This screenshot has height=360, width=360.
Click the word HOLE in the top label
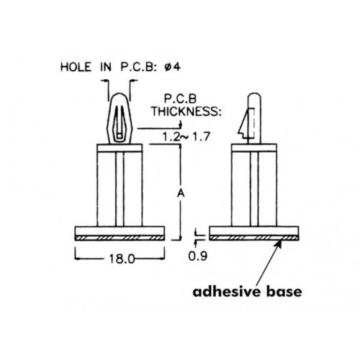[76, 67]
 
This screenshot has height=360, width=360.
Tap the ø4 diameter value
[172, 67]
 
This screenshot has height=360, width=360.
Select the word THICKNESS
[186, 112]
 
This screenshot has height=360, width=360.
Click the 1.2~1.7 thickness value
[186, 137]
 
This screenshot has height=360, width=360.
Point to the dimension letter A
[181, 194]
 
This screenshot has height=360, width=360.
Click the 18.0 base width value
[122, 258]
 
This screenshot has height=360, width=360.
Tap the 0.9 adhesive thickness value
[197, 256]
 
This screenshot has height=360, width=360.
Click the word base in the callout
[284, 292]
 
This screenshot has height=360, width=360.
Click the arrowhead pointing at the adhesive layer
[279, 244]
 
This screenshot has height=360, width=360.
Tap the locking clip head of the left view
[120, 119]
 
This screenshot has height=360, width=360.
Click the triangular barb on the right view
[244, 124]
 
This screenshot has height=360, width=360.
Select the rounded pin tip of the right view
[254, 96]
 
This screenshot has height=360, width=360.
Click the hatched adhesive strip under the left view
[120, 238]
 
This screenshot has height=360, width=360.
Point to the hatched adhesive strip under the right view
[254, 238]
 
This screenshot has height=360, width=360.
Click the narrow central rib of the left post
[120, 189]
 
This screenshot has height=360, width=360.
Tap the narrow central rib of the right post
[254, 189]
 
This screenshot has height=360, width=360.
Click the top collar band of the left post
[120, 148]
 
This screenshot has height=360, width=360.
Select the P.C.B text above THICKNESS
[180, 99]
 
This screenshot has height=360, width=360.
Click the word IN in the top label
[106, 67]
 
